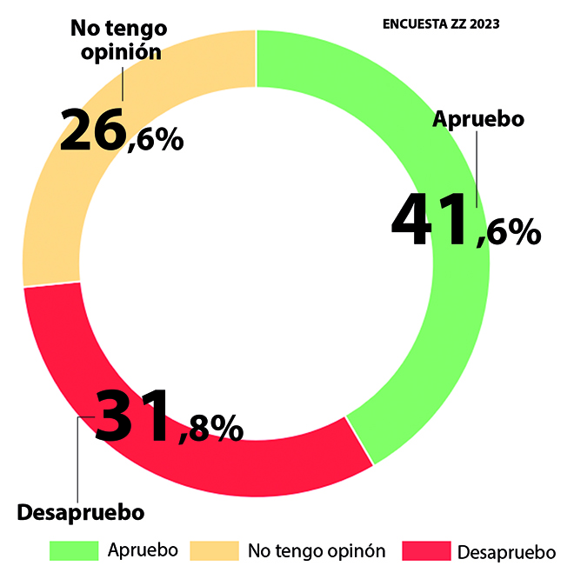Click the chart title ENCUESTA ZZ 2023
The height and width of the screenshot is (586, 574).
click(x=441, y=23)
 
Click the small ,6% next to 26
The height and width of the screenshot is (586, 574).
click(x=155, y=138)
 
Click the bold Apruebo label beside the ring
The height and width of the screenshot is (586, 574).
click(x=478, y=119)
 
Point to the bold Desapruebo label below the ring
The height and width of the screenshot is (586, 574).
click(x=80, y=512)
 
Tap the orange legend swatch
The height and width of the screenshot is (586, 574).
click(x=214, y=550)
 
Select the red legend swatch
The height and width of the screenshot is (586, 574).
click(x=426, y=551)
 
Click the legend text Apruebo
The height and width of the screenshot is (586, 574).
click(x=143, y=550)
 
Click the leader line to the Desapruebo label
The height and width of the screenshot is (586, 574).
click(x=78, y=461)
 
